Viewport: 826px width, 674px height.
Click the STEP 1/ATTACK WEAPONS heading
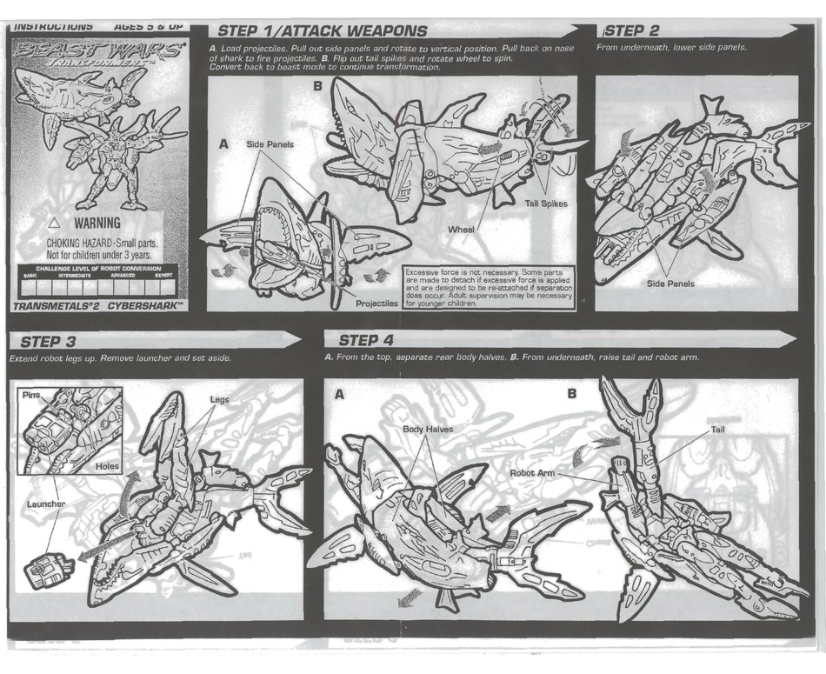(x=322, y=32)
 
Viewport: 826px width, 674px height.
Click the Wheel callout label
(x=461, y=230)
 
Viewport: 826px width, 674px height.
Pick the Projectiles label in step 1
(x=376, y=304)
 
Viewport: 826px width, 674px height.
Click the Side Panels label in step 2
(x=670, y=284)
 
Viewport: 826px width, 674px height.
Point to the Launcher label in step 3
(x=45, y=504)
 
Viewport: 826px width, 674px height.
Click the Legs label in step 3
(x=219, y=400)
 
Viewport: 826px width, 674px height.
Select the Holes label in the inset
(x=108, y=466)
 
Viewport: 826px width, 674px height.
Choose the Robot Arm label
(x=532, y=472)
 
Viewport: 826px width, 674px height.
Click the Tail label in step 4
(x=718, y=430)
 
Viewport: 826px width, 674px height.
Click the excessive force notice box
(x=489, y=288)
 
